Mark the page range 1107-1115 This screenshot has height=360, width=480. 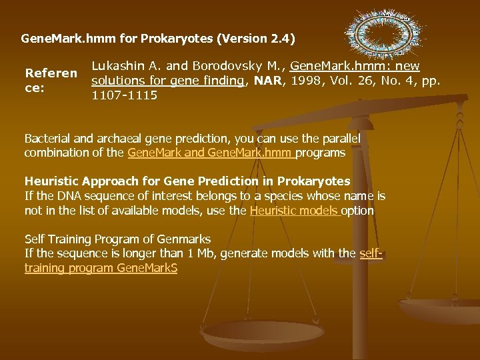[x=124, y=95]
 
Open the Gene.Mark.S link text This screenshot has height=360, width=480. [x=147, y=268]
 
